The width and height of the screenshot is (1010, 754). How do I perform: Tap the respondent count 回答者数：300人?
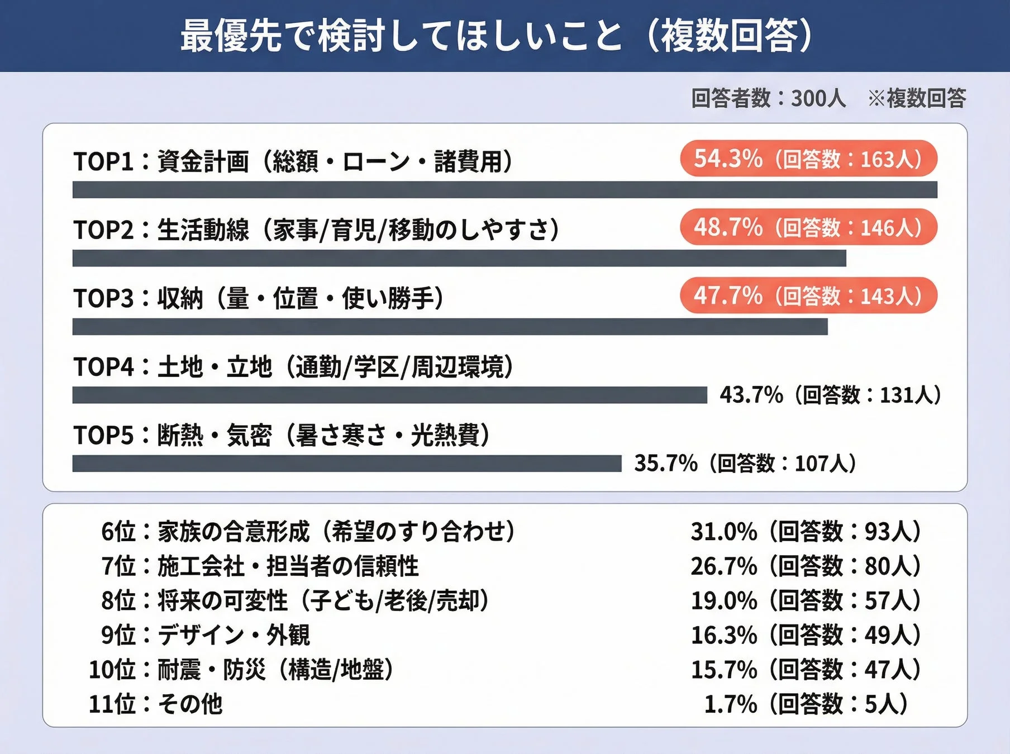coord(768,98)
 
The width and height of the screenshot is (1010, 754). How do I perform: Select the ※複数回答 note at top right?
coord(916,98)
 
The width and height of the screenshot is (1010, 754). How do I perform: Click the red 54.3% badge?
coord(808,159)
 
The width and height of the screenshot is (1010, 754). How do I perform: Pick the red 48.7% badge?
coord(808,227)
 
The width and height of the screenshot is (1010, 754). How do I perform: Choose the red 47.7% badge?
coord(808,295)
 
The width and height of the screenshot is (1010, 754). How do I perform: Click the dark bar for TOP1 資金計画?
coord(504,190)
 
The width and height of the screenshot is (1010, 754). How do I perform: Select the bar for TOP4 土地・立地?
coord(389,395)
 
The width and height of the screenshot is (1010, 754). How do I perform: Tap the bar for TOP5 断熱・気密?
coord(346,464)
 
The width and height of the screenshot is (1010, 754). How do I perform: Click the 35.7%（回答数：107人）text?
coord(745,464)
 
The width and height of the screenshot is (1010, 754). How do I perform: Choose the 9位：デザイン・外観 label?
coord(206,635)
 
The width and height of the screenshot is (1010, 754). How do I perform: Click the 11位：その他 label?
coord(156,704)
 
